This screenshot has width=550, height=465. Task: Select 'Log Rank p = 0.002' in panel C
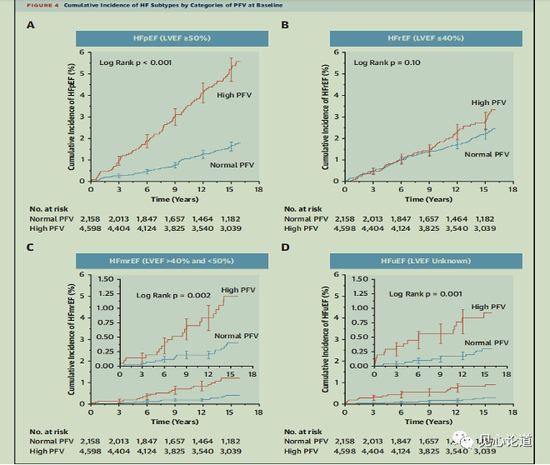coord(174,296)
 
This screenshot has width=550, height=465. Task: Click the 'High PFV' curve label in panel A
coord(234,95)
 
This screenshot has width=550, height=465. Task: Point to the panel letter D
coord(285,248)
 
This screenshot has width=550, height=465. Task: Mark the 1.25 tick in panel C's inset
coord(107,293)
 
